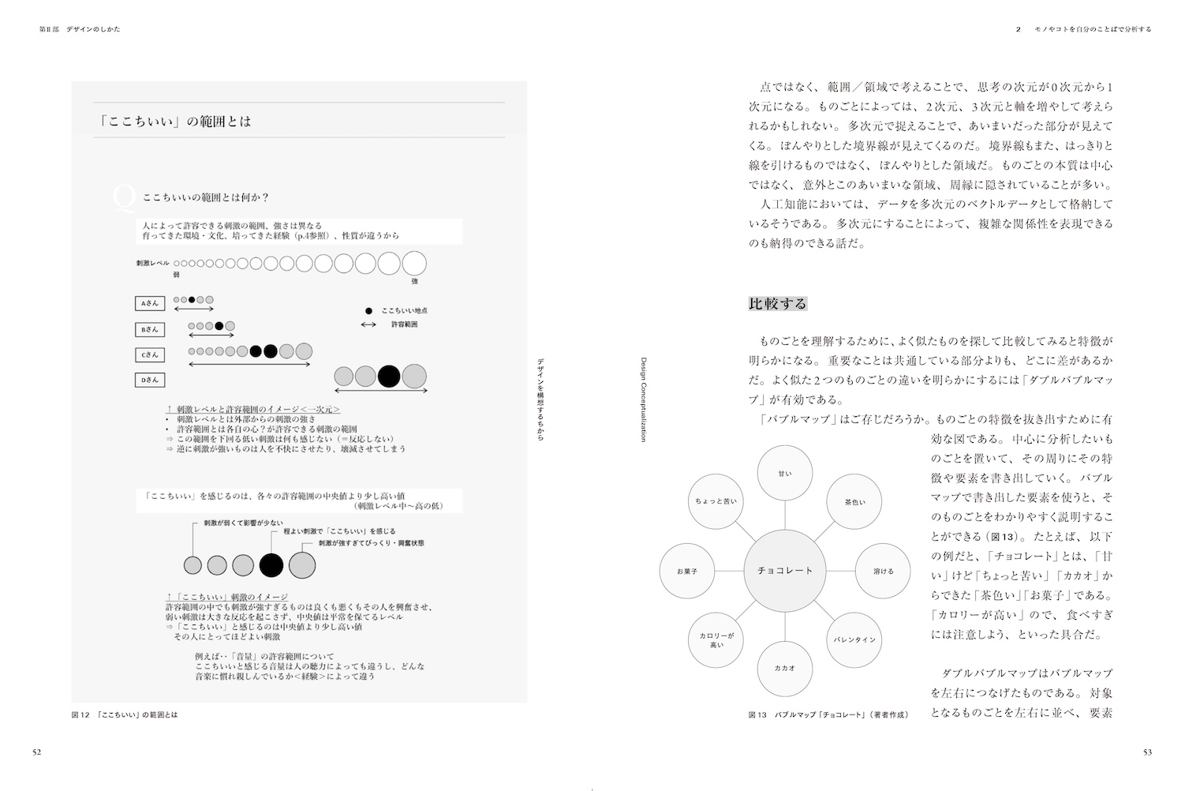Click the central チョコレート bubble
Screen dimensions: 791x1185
point(784,570)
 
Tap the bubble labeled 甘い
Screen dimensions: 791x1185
point(785,473)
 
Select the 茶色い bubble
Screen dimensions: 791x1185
point(854,501)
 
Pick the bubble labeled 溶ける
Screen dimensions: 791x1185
point(883,570)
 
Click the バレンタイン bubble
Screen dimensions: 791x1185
point(854,639)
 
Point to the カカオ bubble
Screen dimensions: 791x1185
point(785,668)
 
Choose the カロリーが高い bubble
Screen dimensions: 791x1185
point(716,639)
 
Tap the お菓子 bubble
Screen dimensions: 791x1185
point(686,570)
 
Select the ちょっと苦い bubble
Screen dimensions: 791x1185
point(716,501)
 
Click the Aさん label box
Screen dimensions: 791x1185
point(150,303)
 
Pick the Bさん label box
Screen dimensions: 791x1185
point(150,329)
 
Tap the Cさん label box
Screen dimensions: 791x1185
point(150,354)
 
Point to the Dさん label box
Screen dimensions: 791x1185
point(150,380)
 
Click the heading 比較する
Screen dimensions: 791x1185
point(777,304)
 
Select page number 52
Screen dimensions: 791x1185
point(36,752)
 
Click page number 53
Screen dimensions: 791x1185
point(1147,752)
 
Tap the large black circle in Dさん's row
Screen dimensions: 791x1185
point(389,376)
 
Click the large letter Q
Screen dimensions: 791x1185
point(125,199)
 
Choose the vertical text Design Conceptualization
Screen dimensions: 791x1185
point(643,399)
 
